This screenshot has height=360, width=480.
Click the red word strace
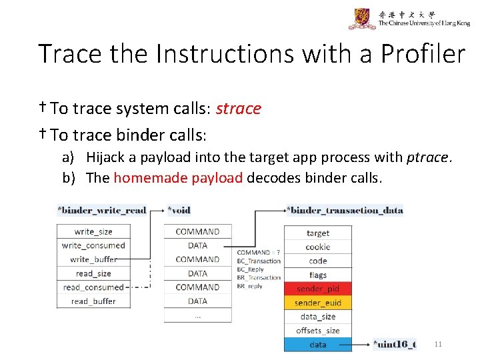point(238,109)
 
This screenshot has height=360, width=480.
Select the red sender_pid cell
point(317,289)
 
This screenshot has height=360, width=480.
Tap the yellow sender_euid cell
point(317,303)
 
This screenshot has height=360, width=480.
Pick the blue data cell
point(317,345)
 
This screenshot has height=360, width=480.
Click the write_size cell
point(93,231)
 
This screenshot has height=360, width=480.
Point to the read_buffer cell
point(93,301)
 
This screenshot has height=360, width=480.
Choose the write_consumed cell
point(93,245)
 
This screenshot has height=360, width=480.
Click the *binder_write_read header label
point(102,210)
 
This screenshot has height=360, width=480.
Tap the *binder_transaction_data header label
point(345,210)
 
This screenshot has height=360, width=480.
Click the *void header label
point(179,210)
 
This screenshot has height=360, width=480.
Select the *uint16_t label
point(395,345)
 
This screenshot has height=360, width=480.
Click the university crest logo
point(361,19)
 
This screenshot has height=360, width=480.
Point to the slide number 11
point(438,344)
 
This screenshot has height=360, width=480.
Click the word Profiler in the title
point(423,54)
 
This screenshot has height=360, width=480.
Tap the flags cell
point(317,275)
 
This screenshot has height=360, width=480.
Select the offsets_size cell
point(317,331)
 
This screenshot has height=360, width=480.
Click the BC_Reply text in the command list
point(251,269)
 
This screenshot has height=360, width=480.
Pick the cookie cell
point(317,247)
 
